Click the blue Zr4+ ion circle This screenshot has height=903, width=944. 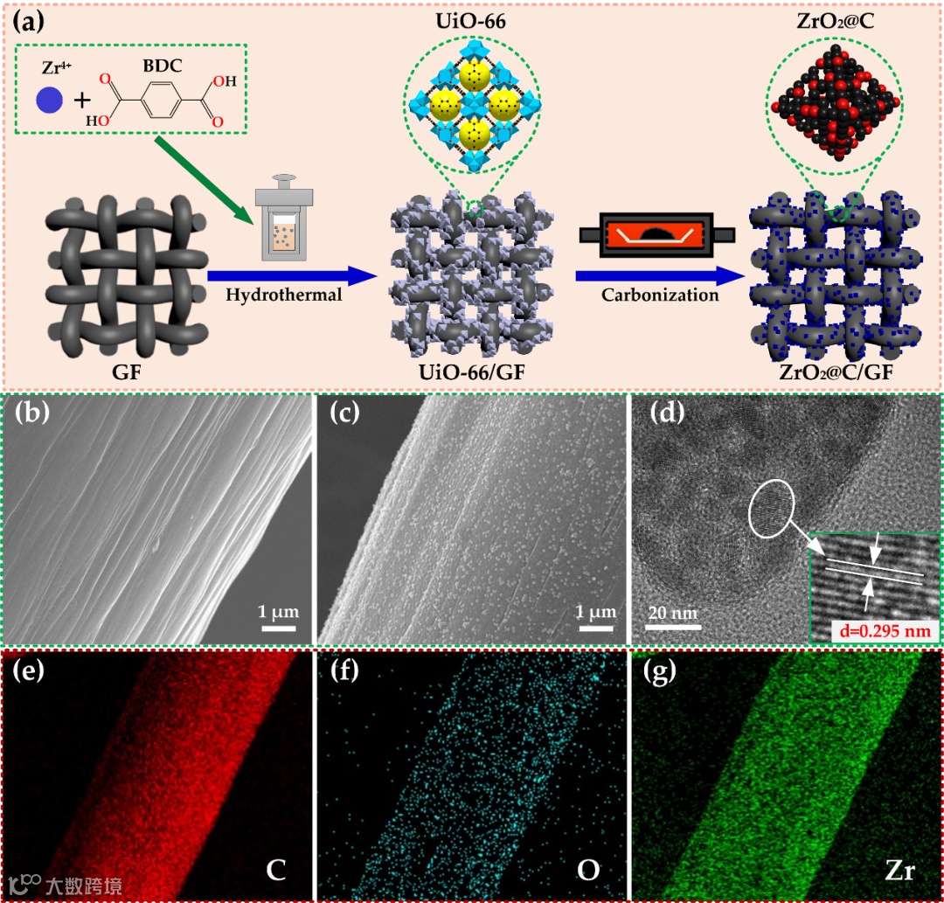[49, 101]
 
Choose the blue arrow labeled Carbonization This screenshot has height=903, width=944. [660, 276]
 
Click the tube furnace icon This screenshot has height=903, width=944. [656, 233]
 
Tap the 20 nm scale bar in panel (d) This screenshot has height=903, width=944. [674, 624]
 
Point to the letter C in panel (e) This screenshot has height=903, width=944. [276, 870]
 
